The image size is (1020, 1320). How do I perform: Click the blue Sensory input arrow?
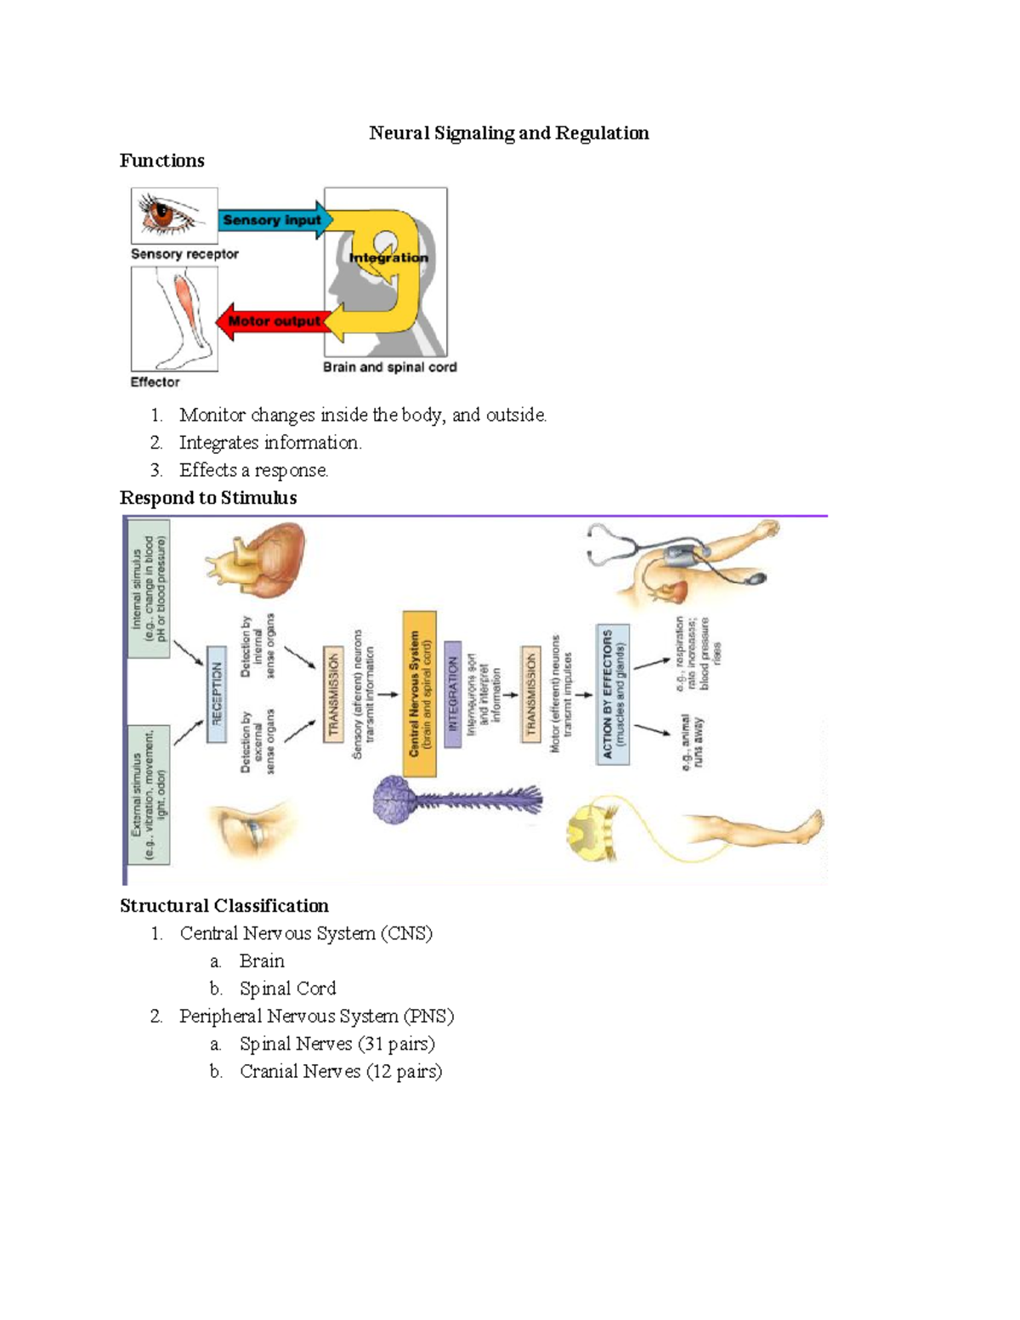[x=272, y=220]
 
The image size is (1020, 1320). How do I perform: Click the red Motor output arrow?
[x=272, y=321]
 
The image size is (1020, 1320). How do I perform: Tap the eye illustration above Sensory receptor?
[x=173, y=214]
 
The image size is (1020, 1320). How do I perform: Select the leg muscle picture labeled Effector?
[x=175, y=318]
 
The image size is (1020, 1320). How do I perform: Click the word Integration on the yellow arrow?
[x=388, y=258]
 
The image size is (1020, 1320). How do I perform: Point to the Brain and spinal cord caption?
[x=389, y=367]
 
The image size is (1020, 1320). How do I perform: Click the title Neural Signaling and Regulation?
[x=508, y=133]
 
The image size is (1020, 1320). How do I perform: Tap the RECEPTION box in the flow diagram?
[x=217, y=694]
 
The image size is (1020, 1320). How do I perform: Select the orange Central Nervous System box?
[x=420, y=693]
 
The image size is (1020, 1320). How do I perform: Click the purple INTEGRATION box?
[x=453, y=694]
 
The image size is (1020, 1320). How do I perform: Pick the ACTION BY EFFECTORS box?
[x=613, y=694]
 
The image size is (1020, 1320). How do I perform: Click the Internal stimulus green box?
[x=148, y=590]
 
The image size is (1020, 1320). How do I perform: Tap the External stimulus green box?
[x=148, y=794]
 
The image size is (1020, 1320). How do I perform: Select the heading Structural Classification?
[x=224, y=905]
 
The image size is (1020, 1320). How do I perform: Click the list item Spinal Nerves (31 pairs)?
[x=337, y=1044]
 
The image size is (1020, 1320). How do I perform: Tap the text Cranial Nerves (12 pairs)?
[x=340, y=1071]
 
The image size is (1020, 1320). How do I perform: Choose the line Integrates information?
[x=270, y=443]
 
